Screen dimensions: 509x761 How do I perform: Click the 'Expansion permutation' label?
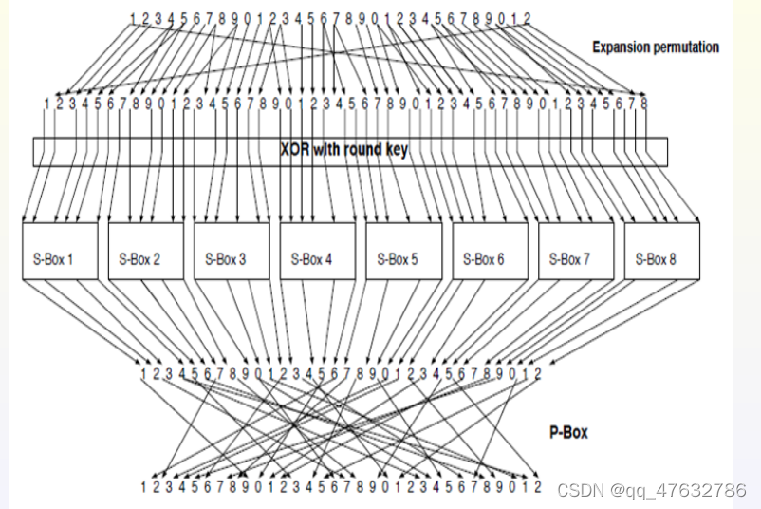tap(656, 47)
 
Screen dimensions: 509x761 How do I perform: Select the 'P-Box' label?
tap(568, 432)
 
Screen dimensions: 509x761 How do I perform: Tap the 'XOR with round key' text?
tap(344, 150)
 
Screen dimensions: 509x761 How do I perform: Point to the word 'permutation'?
tap(687, 47)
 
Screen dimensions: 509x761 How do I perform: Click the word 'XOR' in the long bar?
tap(293, 150)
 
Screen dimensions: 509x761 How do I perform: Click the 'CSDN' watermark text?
tap(581, 490)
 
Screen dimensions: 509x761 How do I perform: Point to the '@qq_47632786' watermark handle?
tap(679, 490)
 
